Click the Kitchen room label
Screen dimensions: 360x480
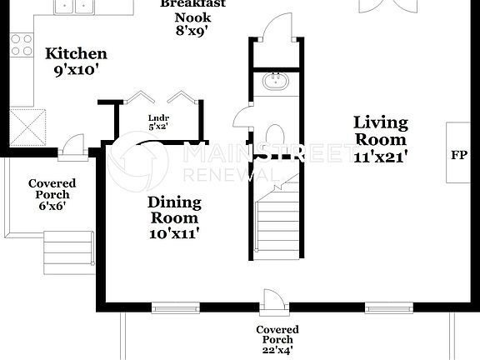76,62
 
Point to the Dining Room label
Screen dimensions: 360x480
174,217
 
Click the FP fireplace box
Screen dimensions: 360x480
459,155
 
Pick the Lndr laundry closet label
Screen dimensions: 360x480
158,122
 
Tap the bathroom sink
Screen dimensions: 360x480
275,82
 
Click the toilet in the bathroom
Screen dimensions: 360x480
275,137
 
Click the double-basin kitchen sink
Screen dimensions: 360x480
73,7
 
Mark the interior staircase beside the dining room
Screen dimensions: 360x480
278,221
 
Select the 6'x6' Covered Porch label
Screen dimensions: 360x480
52,194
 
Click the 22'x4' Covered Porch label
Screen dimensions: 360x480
277,340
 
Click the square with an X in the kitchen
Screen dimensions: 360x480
32,126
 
